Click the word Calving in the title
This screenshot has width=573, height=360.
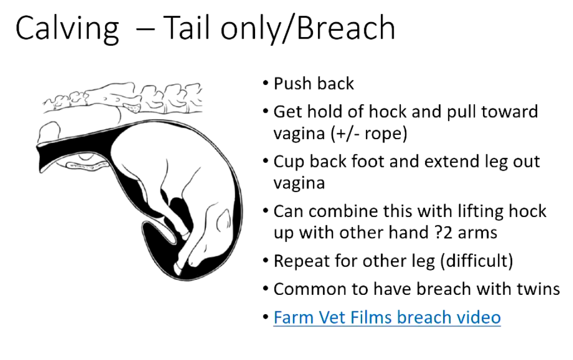67,29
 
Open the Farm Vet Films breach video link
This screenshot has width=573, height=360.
387,317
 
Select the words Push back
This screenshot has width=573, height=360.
314,83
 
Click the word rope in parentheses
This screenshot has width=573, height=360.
383,133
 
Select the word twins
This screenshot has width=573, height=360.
538,289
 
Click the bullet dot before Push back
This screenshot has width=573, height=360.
266,83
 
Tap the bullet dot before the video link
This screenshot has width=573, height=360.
266,317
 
